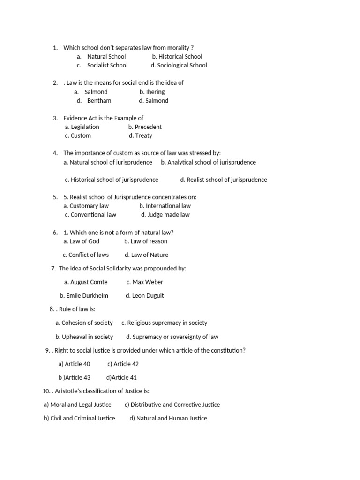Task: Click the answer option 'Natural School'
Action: coord(106,57)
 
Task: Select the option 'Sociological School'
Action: coord(182,66)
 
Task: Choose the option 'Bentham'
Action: coord(99,101)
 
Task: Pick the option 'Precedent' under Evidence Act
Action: coord(148,127)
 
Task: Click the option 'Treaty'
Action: coord(143,136)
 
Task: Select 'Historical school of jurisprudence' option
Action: coord(114,180)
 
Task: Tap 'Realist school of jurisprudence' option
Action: coord(227,180)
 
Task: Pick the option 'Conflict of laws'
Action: coord(89,255)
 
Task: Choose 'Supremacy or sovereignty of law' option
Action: coord(175,337)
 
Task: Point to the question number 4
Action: coord(55,153)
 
